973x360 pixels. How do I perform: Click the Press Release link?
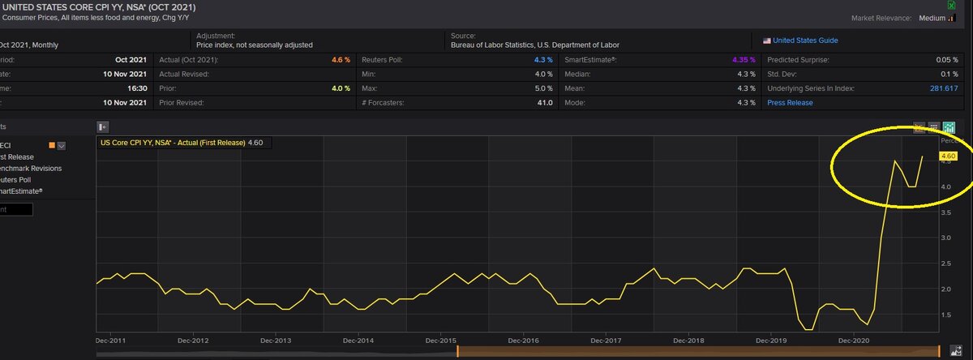coord(790,103)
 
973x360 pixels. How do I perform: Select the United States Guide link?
coord(805,41)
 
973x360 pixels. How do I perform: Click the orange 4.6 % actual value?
coord(341,60)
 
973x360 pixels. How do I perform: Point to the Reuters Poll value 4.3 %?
coord(543,60)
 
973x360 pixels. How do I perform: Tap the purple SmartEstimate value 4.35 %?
coord(741,60)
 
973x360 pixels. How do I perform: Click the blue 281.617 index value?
coord(943,88)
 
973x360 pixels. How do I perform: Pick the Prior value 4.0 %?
coord(341,88)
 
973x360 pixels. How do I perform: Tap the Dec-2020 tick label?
coord(854,341)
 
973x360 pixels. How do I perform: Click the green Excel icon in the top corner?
coord(962,5)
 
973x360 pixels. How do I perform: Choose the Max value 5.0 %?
coord(543,88)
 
